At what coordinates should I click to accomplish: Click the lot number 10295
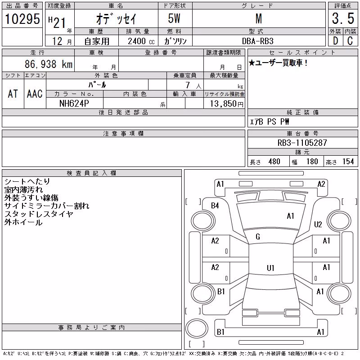tap(22, 19)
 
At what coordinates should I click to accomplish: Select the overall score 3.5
tap(343, 18)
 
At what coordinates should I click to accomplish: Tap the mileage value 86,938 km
tap(49, 64)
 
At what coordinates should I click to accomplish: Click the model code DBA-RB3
tap(258, 41)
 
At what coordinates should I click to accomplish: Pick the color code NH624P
tap(74, 103)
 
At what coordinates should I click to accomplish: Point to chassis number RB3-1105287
tap(302, 143)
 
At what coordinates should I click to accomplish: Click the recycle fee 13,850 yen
tap(227, 104)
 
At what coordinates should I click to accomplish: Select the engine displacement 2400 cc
tap(141, 41)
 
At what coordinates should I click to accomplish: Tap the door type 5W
tap(174, 18)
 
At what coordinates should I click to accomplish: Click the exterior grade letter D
tap(336, 41)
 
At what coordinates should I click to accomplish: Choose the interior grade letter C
tap(350, 41)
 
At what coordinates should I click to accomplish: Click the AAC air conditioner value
tap(35, 94)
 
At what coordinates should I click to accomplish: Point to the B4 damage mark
tap(215, 206)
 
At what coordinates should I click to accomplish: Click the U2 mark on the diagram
tap(318, 224)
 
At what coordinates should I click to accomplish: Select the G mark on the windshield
tap(258, 237)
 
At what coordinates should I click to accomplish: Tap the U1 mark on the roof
tap(270, 268)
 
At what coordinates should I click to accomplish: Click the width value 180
tap(312, 162)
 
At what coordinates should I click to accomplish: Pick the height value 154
tap(348, 162)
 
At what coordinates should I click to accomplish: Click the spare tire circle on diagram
tap(197, 328)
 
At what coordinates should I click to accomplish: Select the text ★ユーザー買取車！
tap(278, 63)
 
